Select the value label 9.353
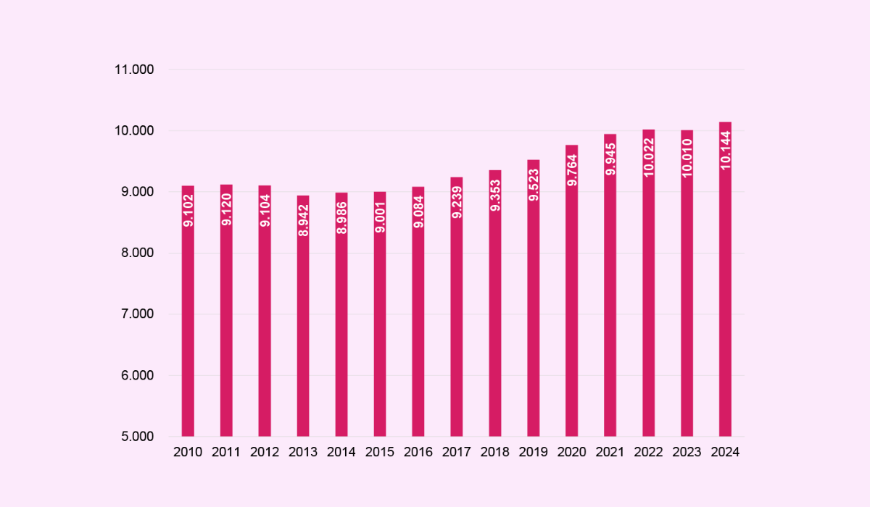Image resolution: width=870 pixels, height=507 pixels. (495, 196)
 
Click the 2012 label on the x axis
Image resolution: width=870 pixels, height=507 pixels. (265, 452)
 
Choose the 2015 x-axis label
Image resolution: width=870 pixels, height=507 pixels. (380, 452)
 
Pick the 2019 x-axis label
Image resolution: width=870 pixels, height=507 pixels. (534, 452)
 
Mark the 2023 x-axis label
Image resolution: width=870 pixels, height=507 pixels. (687, 452)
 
